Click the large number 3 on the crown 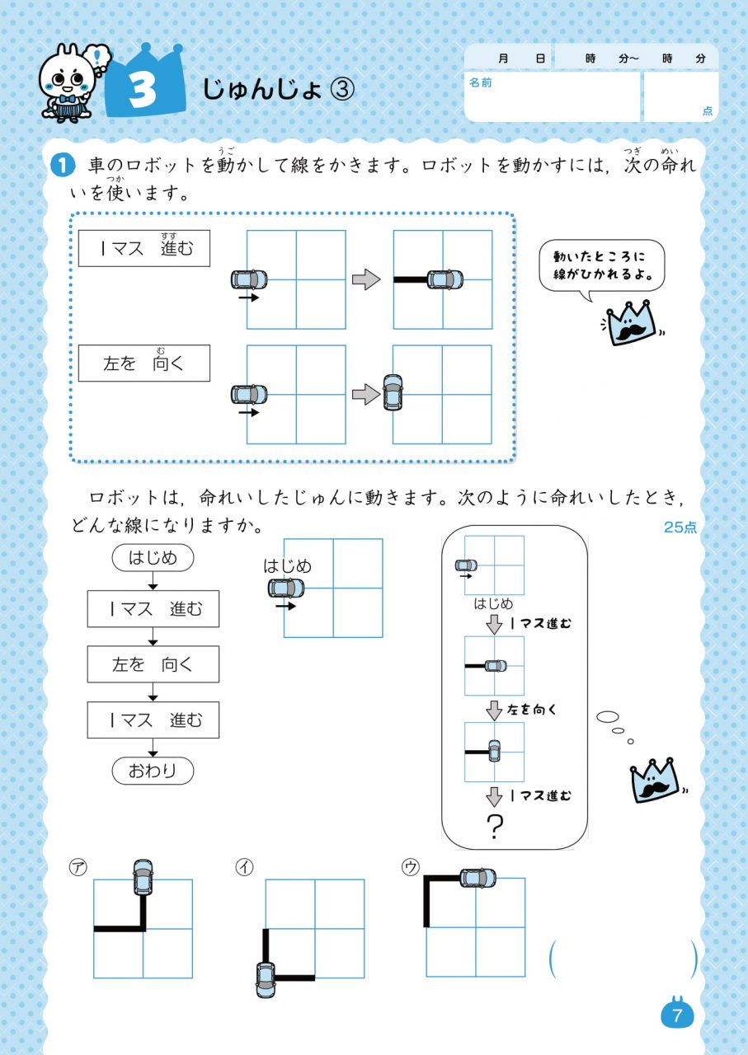(143, 90)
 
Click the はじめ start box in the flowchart (153, 558)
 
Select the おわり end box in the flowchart (153, 771)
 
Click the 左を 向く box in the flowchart (153, 664)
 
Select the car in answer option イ (266, 978)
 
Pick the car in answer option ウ (477, 878)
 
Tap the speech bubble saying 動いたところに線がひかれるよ (601, 265)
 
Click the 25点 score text (680, 527)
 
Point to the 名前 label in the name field (480, 83)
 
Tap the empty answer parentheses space (623, 959)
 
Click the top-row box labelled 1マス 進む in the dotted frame (144, 248)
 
